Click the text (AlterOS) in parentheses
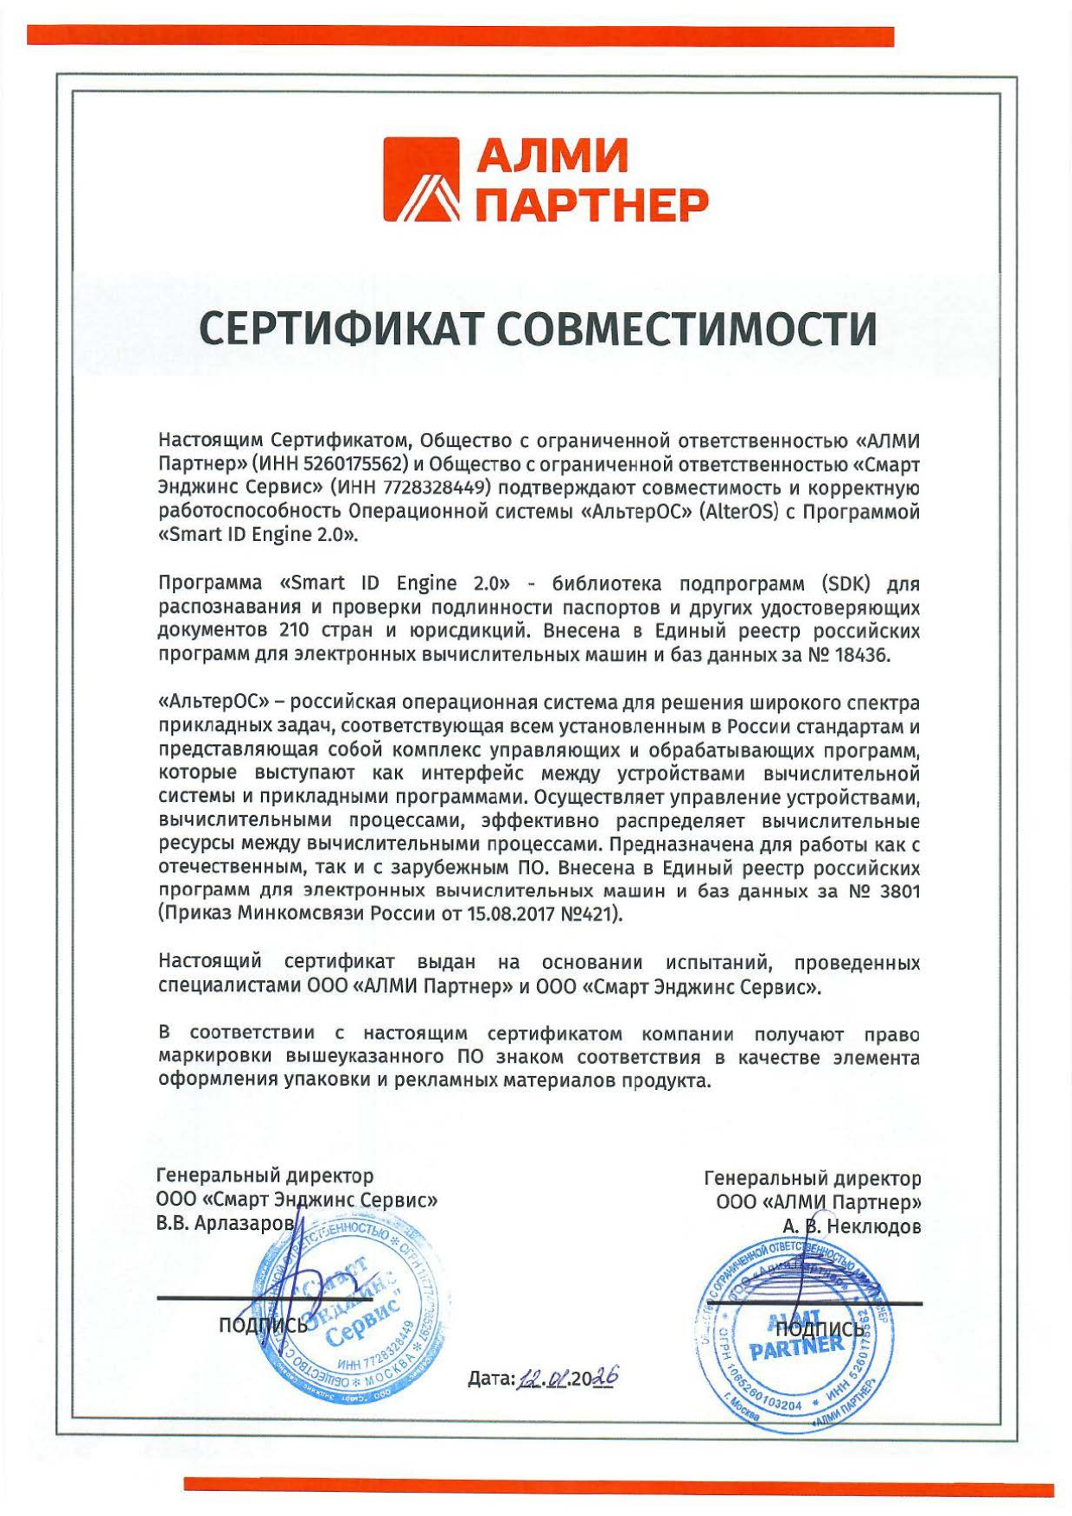click(x=742, y=512)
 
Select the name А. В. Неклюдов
click(x=851, y=1226)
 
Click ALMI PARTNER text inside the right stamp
click(x=796, y=1336)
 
